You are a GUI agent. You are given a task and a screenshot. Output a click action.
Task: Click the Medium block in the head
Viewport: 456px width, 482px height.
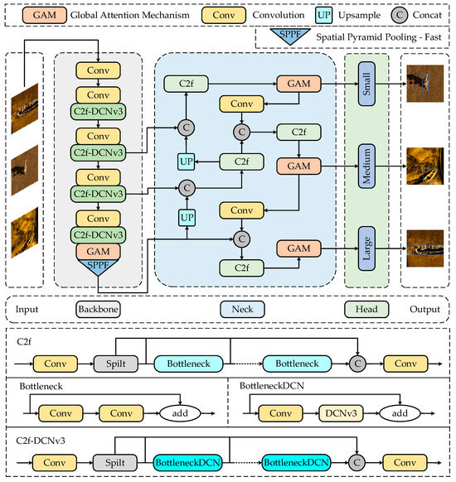[x=366, y=165]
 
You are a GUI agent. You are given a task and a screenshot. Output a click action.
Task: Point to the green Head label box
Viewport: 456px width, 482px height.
[x=366, y=309]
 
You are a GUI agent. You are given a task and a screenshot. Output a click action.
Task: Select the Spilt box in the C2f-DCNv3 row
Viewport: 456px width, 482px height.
[x=114, y=462]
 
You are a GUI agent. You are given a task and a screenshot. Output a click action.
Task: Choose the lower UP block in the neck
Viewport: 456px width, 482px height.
[x=187, y=217]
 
